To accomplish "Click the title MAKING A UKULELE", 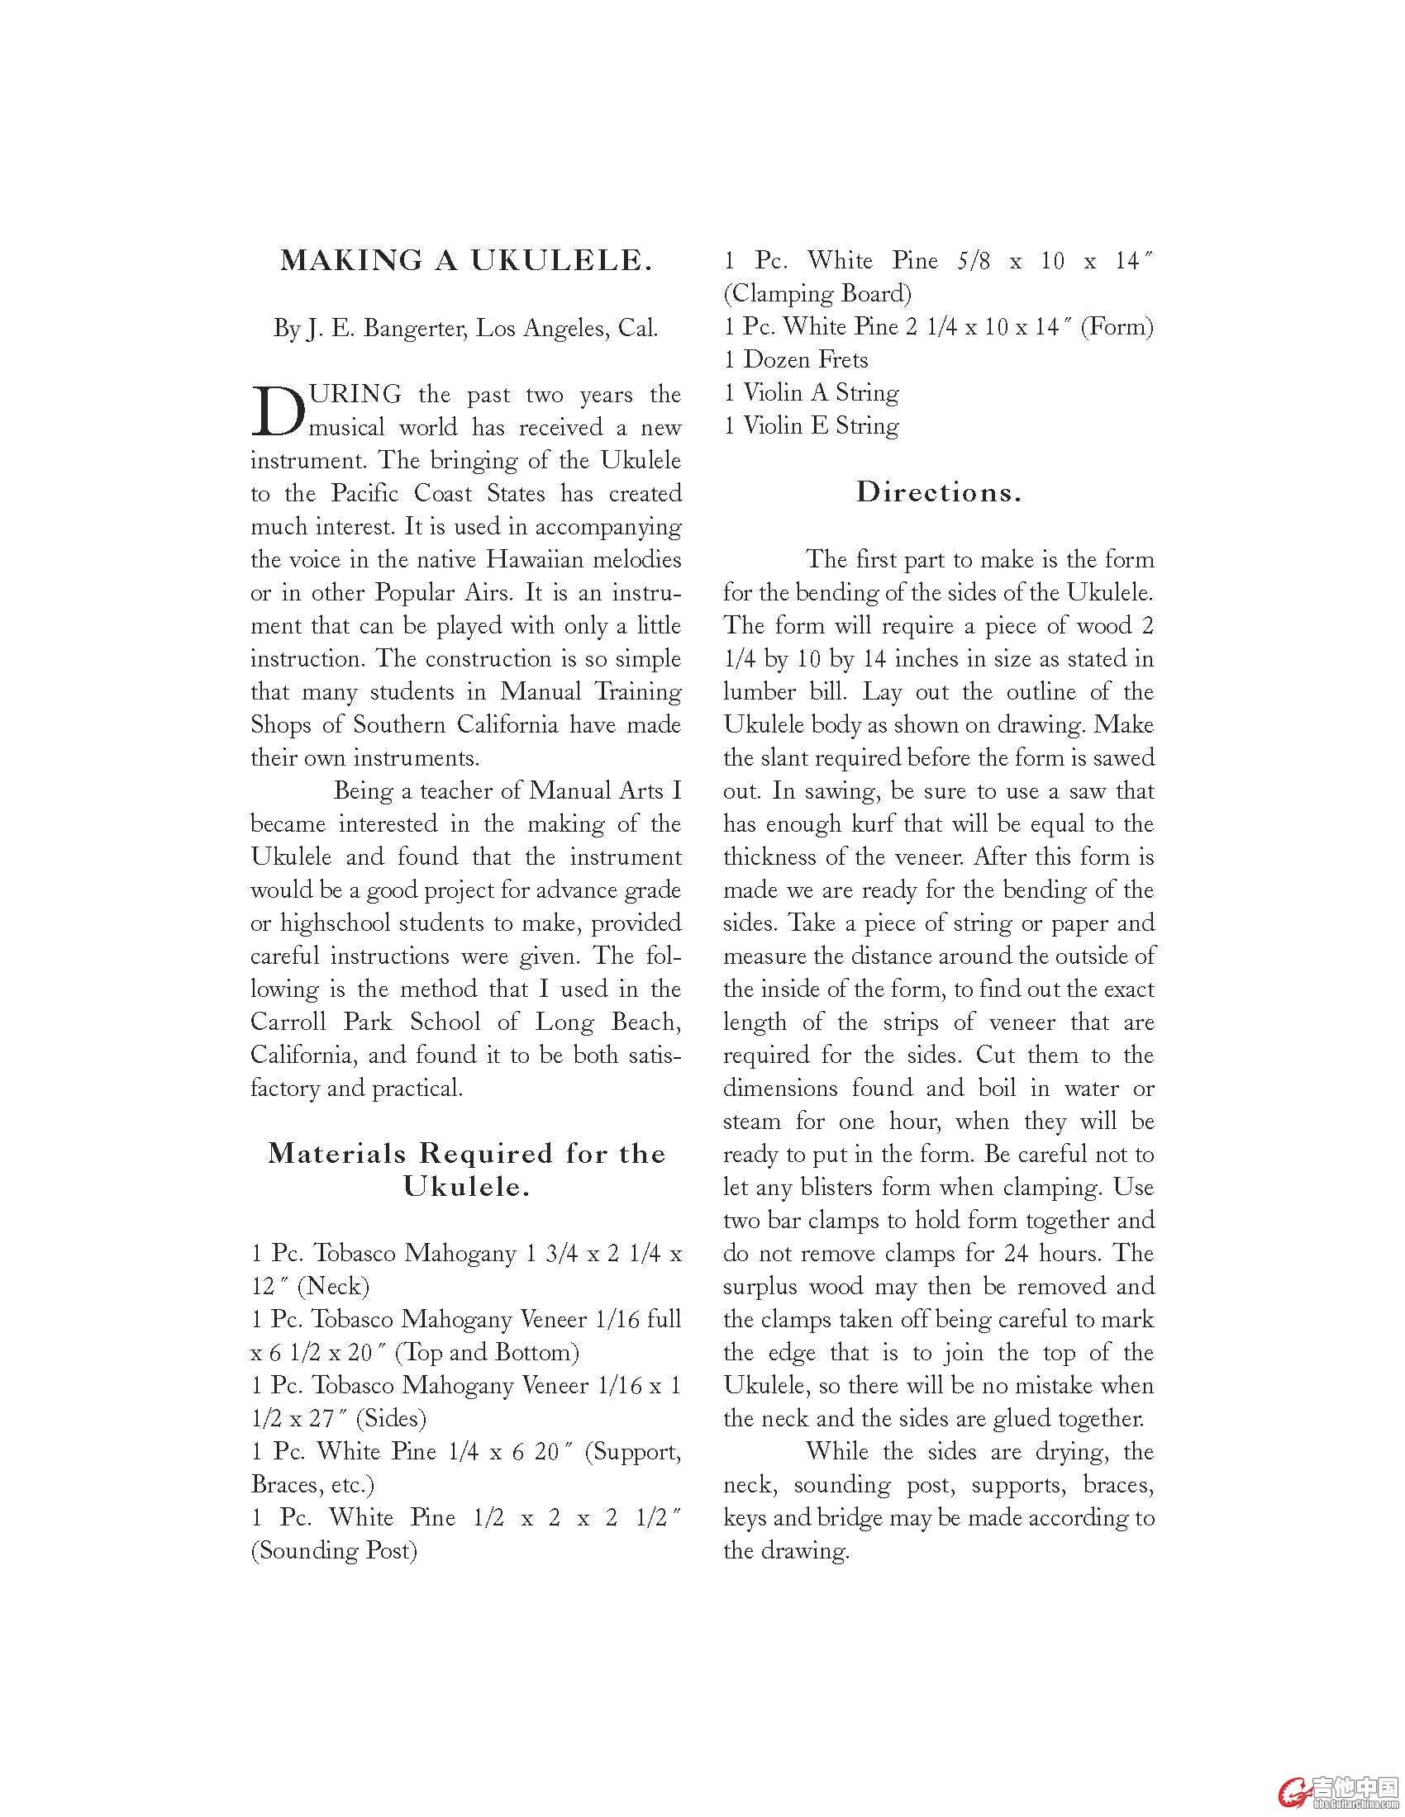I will (x=465, y=261).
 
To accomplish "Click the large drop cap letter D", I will (x=278, y=411).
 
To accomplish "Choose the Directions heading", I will (x=938, y=492).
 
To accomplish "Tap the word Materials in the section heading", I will (x=337, y=1154).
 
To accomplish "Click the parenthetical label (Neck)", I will (x=333, y=1286).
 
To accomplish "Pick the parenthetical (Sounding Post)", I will (x=334, y=1551).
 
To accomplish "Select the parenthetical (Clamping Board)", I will (x=817, y=294).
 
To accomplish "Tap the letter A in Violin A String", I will (x=818, y=392).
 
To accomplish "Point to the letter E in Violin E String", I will (x=818, y=426).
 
